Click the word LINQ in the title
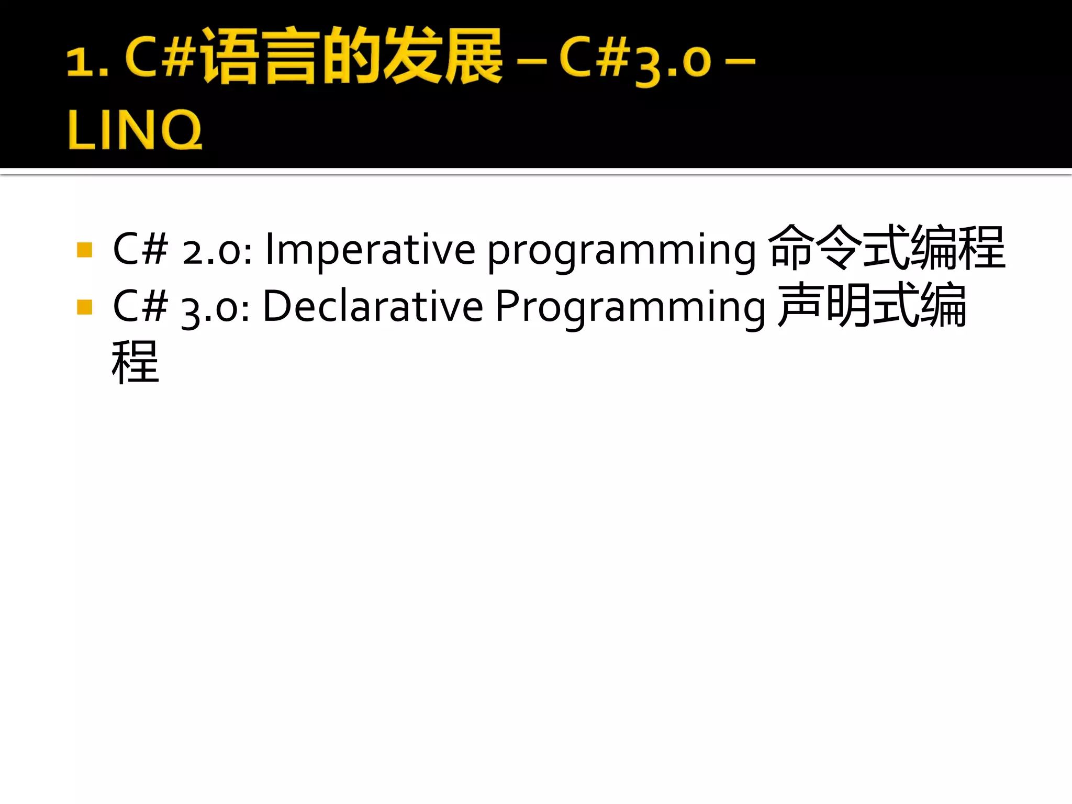pos(135,129)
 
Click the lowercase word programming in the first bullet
pos(621,251)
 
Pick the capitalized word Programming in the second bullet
pos(630,308)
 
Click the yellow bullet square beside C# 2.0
pos(84,250)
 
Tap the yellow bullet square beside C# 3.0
pos(84,307)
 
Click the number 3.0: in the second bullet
pos(216,308)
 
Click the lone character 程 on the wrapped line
pos(135,362)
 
